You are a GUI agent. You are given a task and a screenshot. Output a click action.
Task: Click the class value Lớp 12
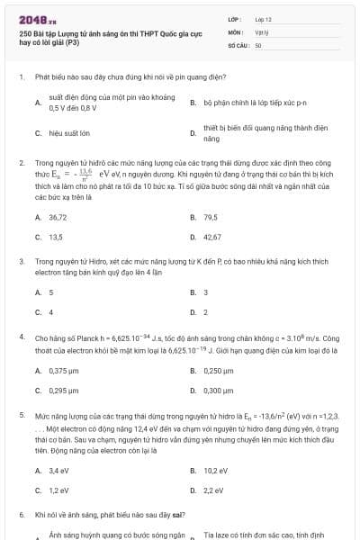click(x=264, y=18)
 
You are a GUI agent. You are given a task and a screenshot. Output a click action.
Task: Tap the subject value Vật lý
click(x=262, y=31)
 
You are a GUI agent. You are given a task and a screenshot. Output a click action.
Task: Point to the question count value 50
click(x=258, y=43)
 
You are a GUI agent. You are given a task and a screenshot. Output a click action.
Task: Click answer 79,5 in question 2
click(x=211, y=217)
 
